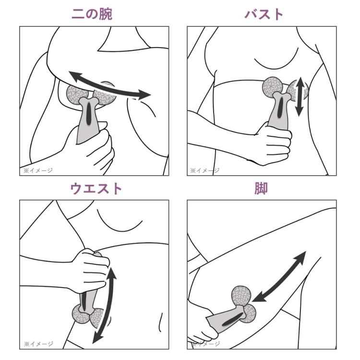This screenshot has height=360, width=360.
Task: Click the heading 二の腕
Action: coord(92,13)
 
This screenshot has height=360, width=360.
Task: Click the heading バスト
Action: coord(264,13)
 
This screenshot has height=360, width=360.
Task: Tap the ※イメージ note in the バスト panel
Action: coord(205,170)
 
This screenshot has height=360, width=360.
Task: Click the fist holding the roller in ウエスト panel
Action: coord(91,271)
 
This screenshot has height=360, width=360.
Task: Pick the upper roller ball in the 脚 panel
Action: coord(240,296)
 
